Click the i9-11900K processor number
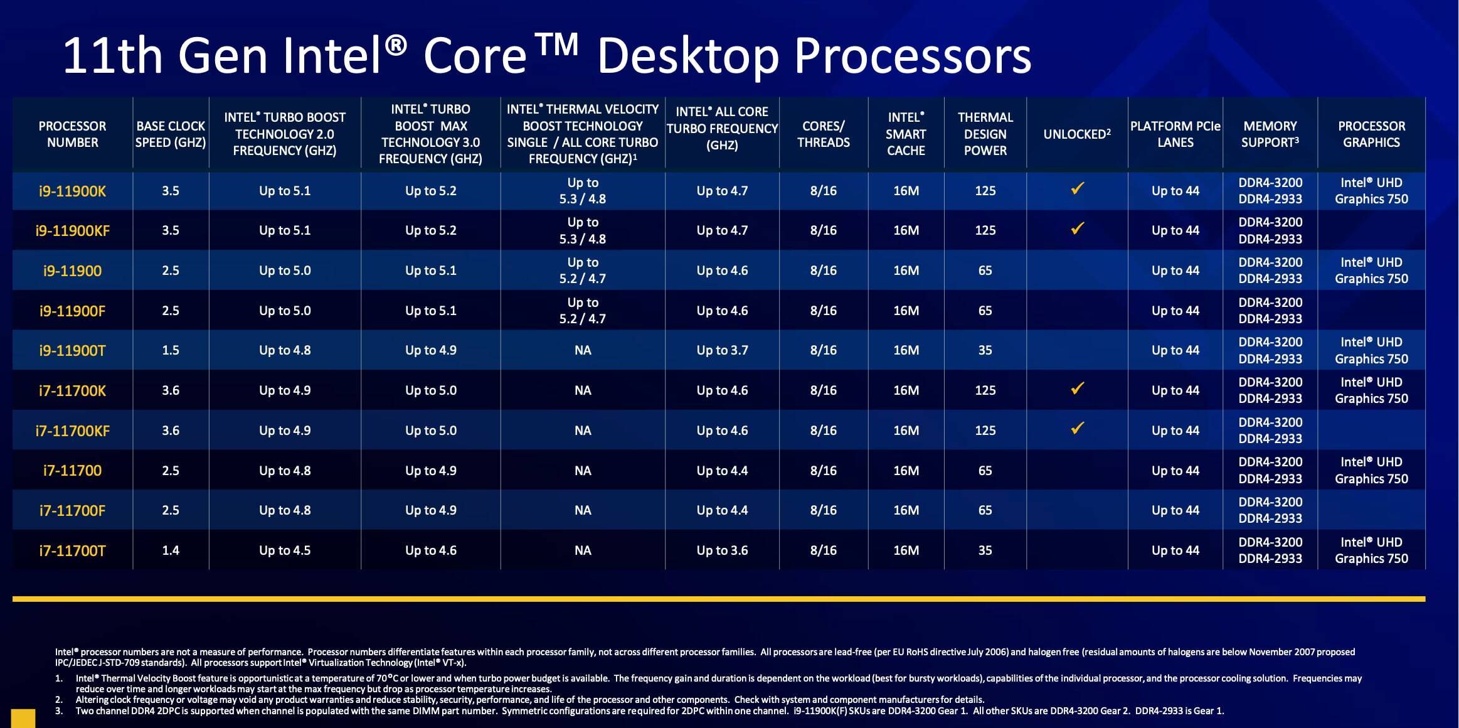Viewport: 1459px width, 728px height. pyautogui.click(x=72, y=191)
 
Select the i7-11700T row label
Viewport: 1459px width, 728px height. pyautogui.click(x=72, y=551)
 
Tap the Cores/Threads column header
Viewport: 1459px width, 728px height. pyautogui.click(x=823, y=134)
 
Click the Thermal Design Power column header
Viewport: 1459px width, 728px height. pyautogui.click(x=985, y=134)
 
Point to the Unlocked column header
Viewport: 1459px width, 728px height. pyautogui.click(x=1076, y=134)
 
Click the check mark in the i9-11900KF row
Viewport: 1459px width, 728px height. pyautogui.click(x=1077, y=228)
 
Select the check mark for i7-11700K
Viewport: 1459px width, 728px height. pyautogui.click(x=1077, y=388)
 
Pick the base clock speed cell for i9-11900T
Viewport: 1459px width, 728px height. pyautogui.click(x=171, y=350)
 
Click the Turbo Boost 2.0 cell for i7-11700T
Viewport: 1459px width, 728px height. pyautogui.click(x=285, y=550)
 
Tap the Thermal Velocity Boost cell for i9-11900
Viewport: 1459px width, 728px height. pyautogui.click(x=583, y=270)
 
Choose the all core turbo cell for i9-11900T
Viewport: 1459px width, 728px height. pyautogui.click(x=722, y=350)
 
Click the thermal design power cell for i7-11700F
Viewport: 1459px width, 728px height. pyautogui.click(x=985, y=510)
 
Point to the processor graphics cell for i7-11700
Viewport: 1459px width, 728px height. pyautogui.click(x=1371, y=471)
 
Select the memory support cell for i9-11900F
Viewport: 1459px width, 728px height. pyautogui.click(x=1270, y=311)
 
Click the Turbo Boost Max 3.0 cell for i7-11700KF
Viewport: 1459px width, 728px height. pyautogui.click(x=430, y=431)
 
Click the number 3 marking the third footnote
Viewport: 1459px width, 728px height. pyautogui.click(x=59, y=711)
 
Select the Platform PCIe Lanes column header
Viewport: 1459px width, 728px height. pyautogui.click(x=1175, y=134)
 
